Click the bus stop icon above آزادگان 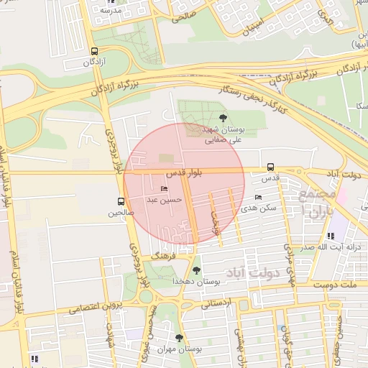(x=94, y=51)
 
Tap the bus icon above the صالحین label (x=120, y=202)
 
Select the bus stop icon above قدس (x=270, y=166)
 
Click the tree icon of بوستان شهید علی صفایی (x=222, y=116)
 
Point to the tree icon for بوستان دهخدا (x=196, y=270)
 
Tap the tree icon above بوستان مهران (x=179, y=337)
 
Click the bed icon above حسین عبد (x=164, y=189)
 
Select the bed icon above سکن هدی (x=259, y=197)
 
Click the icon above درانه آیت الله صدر (x=330, y=235)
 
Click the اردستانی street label (x=216, y=303)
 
